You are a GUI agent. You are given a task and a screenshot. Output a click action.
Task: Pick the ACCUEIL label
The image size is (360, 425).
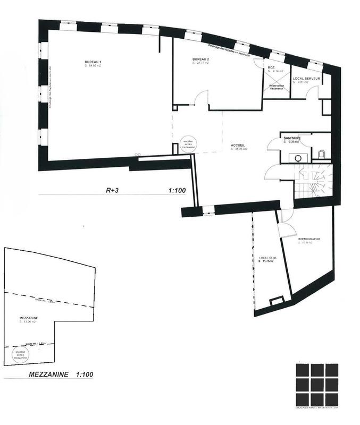[x=238, y=146]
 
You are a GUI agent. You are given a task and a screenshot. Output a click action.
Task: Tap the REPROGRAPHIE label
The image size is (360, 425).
[x=309, y=239]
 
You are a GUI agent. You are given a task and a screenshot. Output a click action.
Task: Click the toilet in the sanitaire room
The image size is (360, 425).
[x=321, y=155]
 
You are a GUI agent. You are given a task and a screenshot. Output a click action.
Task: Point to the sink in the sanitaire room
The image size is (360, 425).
[x=298, y=157]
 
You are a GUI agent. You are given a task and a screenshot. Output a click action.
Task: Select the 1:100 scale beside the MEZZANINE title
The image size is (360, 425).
[x=84, y=374]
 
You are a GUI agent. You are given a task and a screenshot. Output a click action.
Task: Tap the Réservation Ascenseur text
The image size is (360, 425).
[x=277, y=86]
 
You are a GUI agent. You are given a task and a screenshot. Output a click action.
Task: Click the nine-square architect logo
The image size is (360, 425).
[x=317, y=383]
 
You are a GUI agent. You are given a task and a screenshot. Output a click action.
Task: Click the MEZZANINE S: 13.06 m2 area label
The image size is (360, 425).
[x=30, y=320]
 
